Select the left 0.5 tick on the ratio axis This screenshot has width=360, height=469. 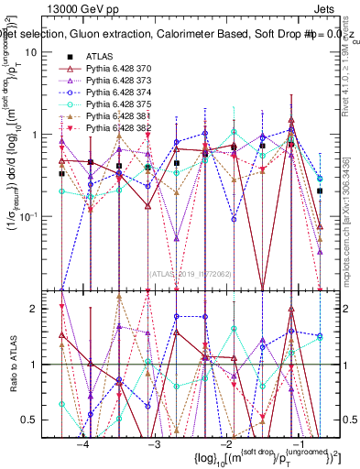click(38, 420)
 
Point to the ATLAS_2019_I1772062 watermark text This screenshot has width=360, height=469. click(191, 274)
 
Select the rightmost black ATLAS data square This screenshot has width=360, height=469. click(320, 191)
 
